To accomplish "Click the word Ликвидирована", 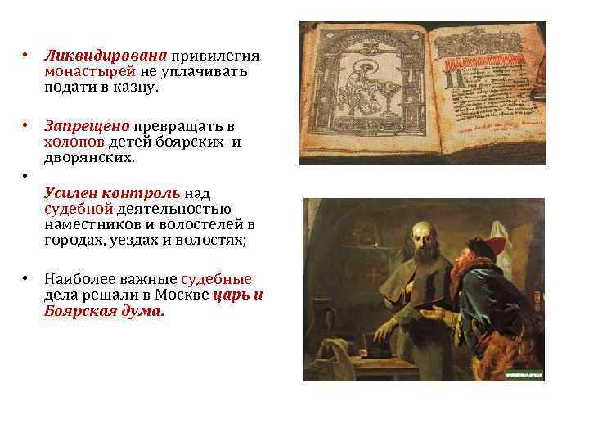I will point(106,56).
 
